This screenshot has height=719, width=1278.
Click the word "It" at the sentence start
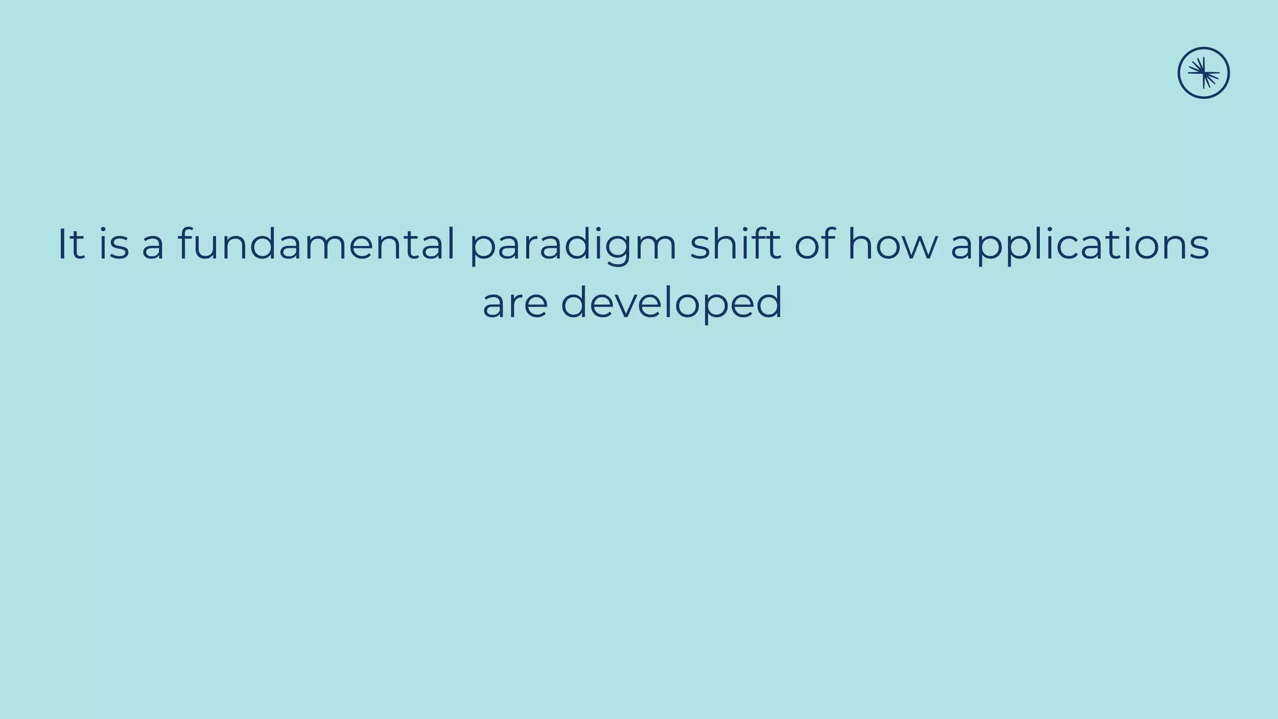pyautogui.click(x=71, y=244)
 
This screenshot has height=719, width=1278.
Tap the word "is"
pyautogui.click(x=114, y=244)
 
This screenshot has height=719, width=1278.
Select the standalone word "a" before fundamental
pyautogui.click(x=153, y=245)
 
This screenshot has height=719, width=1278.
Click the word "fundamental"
pyautogui.click(x=316, y=244)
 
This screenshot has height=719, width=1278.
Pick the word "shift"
pyautogui.click(x=734, y=244)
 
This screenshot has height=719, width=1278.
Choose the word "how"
pyautogui.click(x=892, y=244)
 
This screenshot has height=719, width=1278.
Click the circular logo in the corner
pyautogui.click(x=1203, y=73)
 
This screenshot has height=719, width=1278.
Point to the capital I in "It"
pyautogui.click(x=62, y=244)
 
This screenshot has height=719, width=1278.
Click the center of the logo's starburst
pyautogui.click(x=1204, y=73)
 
